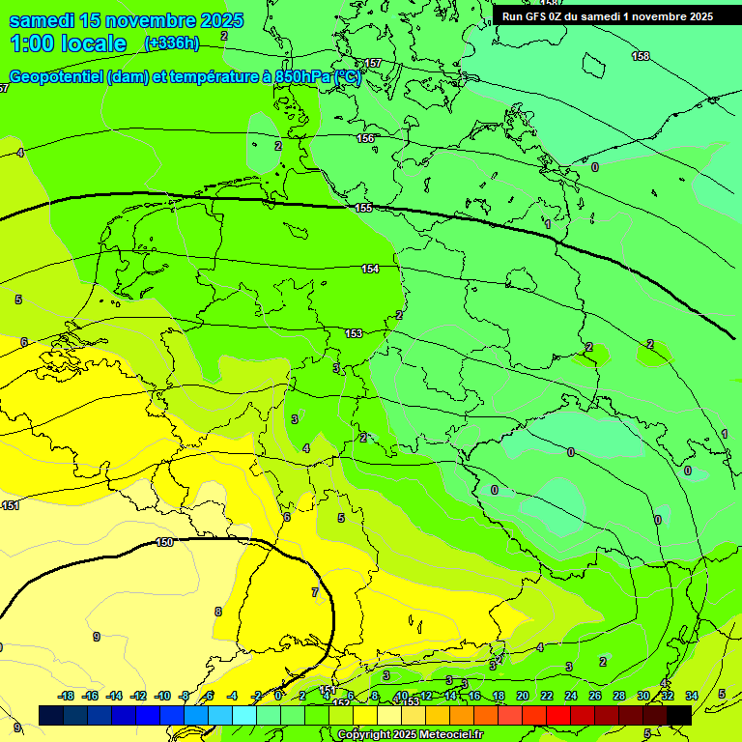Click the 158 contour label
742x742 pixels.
tap(641, 57)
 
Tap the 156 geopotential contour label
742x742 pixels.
tap(365, 139)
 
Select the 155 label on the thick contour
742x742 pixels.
tap(363, 209)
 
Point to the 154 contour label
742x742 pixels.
tap(370, 269)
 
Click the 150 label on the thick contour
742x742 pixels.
tap(164, 542)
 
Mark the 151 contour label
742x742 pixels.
tap(11, 505)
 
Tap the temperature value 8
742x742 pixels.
tap(217, 612)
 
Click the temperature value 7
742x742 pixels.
tap(314, 591)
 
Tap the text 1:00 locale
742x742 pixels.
tap(68, 43)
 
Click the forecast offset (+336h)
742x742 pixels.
tap(171, 43)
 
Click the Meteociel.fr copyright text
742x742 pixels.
tap(409, 735)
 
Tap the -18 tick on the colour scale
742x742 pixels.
tap(66, 696)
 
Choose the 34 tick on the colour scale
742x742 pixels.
tap(691, 696)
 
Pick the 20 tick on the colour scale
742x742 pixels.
tap(522, 696)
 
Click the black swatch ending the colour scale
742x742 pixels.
tap(678, 715)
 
